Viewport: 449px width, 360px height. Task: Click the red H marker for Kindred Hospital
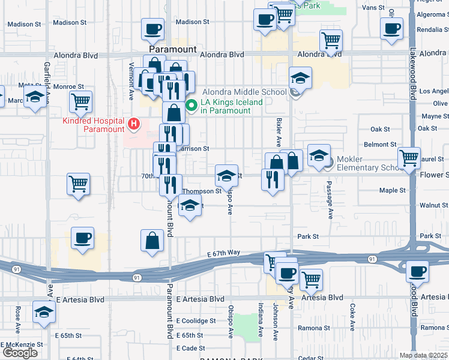pos(134,125)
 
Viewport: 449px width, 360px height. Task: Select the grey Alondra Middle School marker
pos(295,92)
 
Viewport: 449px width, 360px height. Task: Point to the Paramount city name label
pos(173,49)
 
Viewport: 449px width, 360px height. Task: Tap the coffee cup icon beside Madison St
pos(152,28)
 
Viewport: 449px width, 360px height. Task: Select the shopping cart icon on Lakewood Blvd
pos(409,158)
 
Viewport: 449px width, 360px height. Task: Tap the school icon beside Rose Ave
pos(44,312)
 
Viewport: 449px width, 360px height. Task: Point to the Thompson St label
pos(202,191)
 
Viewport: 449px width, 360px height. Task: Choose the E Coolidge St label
pos(196,321)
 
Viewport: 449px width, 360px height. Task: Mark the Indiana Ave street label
pos(261,322)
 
